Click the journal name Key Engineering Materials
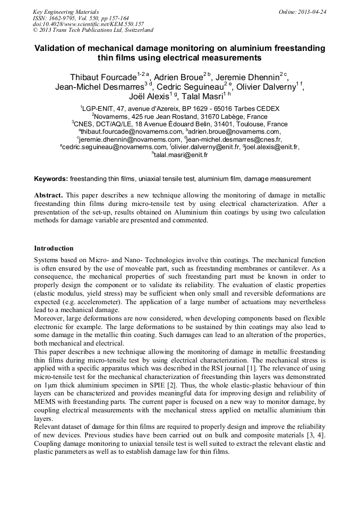click(x=66, y=11)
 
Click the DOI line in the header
click(x=88, y=24)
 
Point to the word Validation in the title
click(x=56, y=48)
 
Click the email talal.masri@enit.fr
click(x=181, y=155)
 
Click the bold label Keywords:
click(x=51, y=179)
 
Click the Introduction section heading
click(x=54, y=248)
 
